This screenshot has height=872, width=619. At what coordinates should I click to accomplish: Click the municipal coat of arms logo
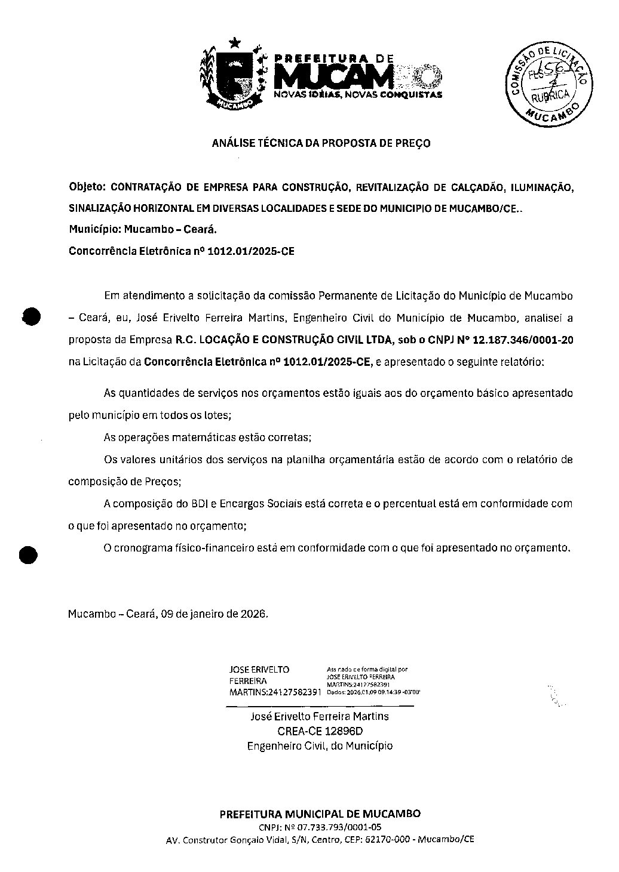pos(232,76)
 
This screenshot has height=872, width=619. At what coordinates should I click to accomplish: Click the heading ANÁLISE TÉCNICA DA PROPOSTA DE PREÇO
pos(321,143)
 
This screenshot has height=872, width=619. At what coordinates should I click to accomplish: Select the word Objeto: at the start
pos(87,187)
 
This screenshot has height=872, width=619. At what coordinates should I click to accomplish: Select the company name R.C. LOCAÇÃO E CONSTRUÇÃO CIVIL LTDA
pos(283,340)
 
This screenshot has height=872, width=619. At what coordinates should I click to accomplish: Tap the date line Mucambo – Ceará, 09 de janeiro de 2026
pos(168,614)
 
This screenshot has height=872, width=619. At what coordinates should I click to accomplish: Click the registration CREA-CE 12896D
pos(320,731)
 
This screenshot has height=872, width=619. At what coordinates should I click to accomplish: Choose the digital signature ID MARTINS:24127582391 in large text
pos(275,692)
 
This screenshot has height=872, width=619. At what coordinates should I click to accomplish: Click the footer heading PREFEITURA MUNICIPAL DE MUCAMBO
pos(320,814)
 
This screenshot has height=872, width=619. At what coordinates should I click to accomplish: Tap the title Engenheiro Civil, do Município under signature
pos(320,746)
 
